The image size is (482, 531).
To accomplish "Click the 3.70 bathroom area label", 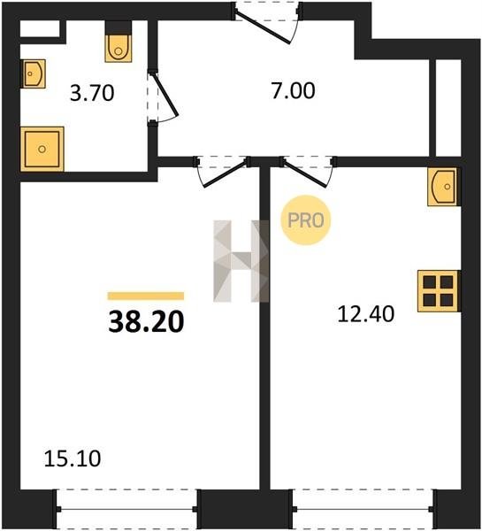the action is pyautogui.click(x=92, y=93).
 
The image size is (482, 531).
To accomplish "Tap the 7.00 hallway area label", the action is pyautogui.click(x=293, y=90).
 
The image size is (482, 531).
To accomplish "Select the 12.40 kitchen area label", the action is pyautogui.click(x=366, y=313).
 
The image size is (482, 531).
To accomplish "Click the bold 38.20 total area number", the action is pyautogui.click(x=146, y=322).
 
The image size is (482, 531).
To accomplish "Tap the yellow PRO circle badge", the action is pyautogui.click(x=306, y=220).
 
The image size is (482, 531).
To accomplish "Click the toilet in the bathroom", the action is pyautogui.click(x=119, y=42).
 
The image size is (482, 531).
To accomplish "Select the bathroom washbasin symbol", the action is pyautogui.click(x=34, y=73).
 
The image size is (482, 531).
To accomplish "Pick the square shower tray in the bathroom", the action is pyautogui.click(x=42, y=149).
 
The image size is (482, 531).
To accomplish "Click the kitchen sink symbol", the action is pyautogui.click(x=442, y=187).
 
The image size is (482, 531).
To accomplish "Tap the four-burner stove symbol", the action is pyautogui.click(x=439, y=291).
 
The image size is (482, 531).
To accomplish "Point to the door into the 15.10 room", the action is pyautogui.click(x=225, y=174).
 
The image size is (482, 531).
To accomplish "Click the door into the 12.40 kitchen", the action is pyautogui.click(x=306, y=174).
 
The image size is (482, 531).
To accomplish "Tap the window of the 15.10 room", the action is pyautogui.click(x=126, y=509).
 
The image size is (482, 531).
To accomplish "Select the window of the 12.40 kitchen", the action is pyautogui.click(x=363, y=509).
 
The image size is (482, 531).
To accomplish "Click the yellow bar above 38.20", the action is pyautogui.click(x=146, y=296).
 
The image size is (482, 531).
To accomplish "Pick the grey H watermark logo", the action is pyautogui.click(x=241, y=261).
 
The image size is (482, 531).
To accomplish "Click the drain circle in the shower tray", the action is pyautogui.click(x=42, y=149).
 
